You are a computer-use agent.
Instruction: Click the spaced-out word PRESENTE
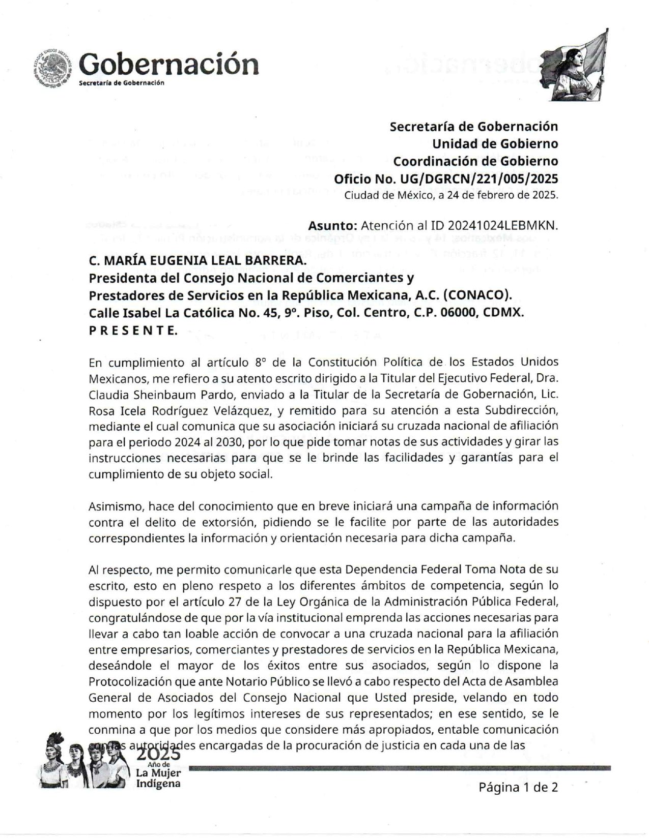[133, 330]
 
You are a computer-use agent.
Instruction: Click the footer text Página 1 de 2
[518, 787]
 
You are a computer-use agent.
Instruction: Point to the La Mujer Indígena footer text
[158, 777]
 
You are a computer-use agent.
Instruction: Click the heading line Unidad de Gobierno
[495, 143]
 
